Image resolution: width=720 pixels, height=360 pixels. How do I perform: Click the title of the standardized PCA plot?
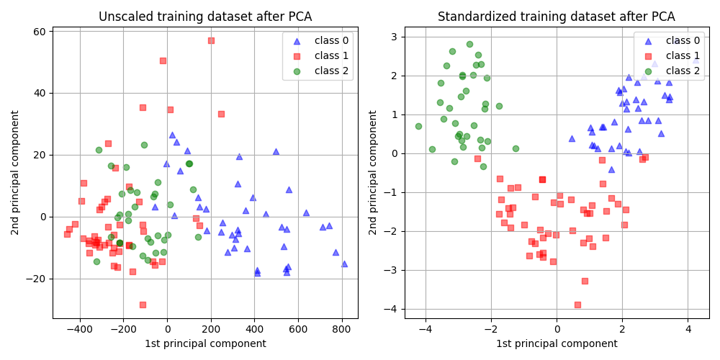tap(557, 17)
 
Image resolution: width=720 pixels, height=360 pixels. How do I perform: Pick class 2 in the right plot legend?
tap(682, 71)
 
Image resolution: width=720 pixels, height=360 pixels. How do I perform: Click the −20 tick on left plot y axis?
tap(36, 279)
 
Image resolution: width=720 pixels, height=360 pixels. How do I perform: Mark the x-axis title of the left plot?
tap(205, 343)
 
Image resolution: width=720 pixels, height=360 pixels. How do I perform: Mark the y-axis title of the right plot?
tap(373, 172)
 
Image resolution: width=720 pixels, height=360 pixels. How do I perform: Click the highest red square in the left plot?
tap(211, 40)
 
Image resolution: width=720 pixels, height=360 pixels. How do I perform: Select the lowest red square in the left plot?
tap(143, 305)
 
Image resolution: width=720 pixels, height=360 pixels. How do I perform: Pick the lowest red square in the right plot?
tap(577, 305)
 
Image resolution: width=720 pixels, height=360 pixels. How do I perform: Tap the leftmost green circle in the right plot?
tap(418, 126)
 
